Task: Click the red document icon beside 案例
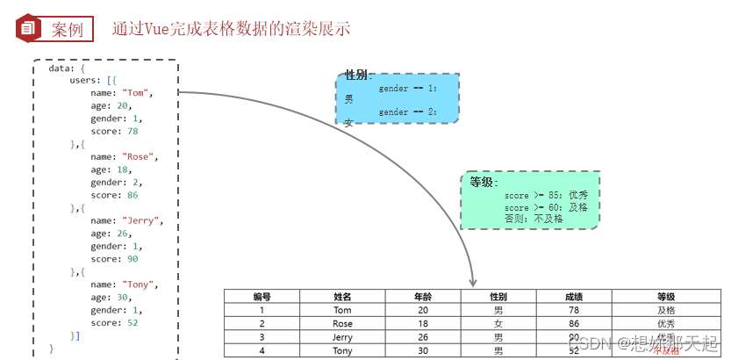pos(27,28)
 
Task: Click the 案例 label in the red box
pos(68,29)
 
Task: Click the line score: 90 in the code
pos(114,259)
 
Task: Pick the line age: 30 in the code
pos(109,297)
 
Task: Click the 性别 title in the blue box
pos(356,76)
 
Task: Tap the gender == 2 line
pos(407,112)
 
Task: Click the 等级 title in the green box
pos(483,182)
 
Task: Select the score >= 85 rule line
pos(546,195)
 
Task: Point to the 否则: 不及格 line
pos(534,219)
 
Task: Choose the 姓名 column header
pos(342,297)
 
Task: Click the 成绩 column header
pos(573,297)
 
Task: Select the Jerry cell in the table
pos(342,337)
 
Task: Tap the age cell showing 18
pos(423,323)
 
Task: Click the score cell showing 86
pos(573,323)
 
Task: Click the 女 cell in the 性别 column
pos(498,323)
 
